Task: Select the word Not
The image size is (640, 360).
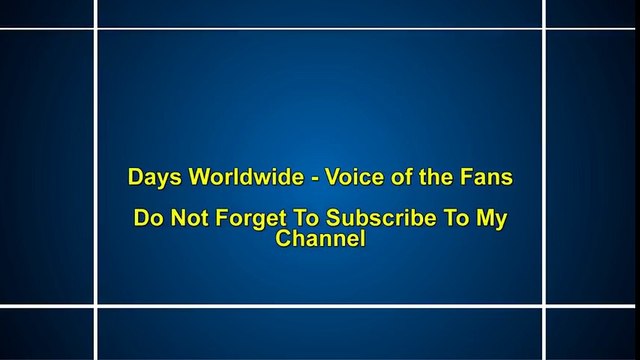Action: [x=186, y=218]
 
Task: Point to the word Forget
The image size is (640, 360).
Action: [x=242, y=219]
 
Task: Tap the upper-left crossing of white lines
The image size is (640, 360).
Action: [x=97, y=29]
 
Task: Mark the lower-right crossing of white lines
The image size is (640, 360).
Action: [x=545, y=306]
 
